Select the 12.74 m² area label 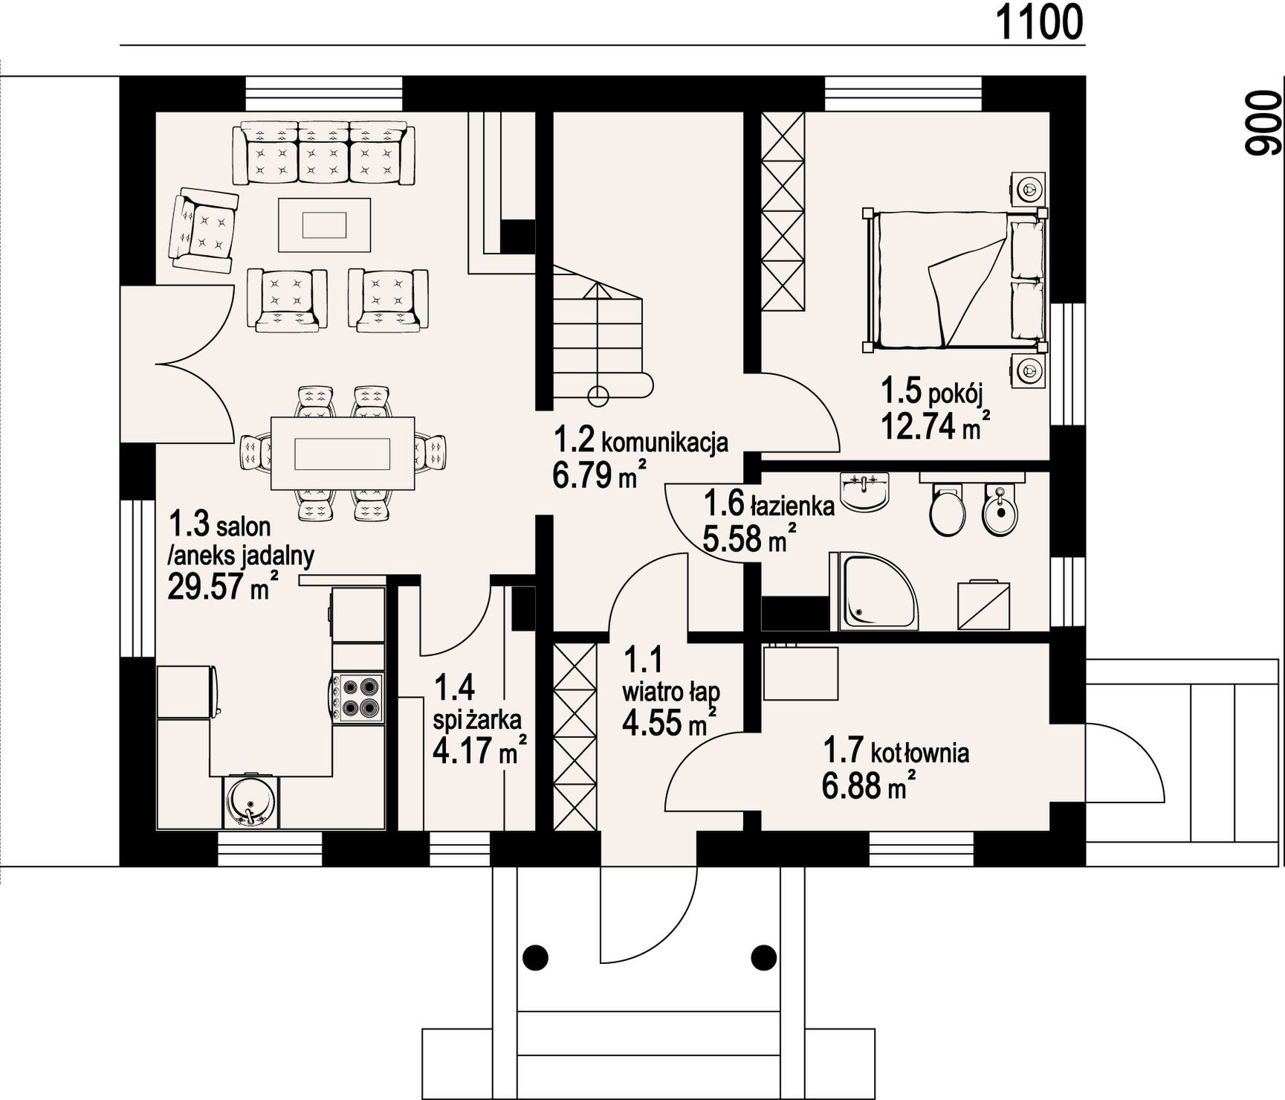tap(936, 426)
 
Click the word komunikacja tap(664, 443)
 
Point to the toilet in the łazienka tap(947, 509)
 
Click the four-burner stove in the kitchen tap(359, 698)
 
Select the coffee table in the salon tap(324, 224)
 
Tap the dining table tap(343, 453)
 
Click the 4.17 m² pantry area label tap(479, 750)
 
